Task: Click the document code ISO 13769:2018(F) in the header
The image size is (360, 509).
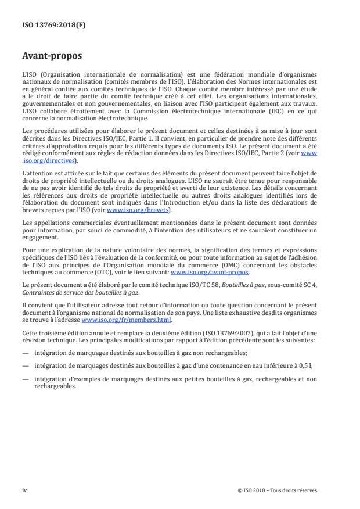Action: [x=45, y=26]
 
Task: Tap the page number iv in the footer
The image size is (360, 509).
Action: [x=24, y=490]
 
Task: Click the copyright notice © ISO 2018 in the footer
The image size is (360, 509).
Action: [x=278, y=490]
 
